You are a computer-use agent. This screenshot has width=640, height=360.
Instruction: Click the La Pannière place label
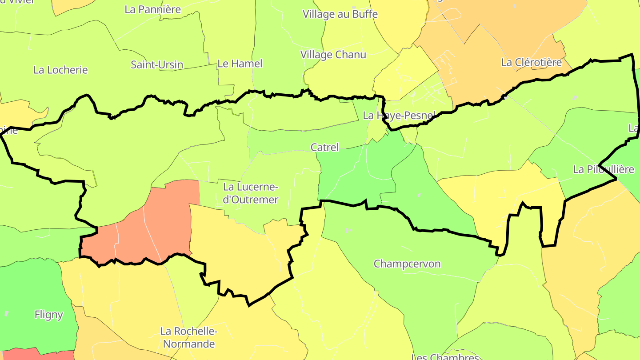point(152,9)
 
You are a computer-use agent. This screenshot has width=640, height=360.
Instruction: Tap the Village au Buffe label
point(340,14)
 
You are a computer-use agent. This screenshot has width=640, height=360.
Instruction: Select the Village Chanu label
point(333,55)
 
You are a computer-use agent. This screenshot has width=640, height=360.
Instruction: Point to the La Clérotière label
point(531,62)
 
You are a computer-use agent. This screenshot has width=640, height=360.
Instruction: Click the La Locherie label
point(60,70)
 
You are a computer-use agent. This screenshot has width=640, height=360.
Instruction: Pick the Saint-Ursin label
point(156,64)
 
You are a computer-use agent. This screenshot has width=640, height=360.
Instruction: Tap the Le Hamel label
point(240,64)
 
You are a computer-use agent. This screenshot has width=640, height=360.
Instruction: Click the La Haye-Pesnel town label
point(399,116)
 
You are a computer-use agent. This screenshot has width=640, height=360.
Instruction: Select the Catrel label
point(324,147)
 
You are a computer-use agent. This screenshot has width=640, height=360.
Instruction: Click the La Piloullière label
point(603,169)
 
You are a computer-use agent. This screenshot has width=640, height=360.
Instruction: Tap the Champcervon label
point(407,264)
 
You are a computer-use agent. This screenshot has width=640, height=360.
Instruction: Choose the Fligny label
point(48,315)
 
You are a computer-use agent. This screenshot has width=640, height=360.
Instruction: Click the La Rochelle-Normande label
point(188,337)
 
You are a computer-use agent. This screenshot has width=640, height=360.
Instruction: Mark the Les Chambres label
point(445,356)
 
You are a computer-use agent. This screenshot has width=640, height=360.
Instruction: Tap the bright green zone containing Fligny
point(31,293)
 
